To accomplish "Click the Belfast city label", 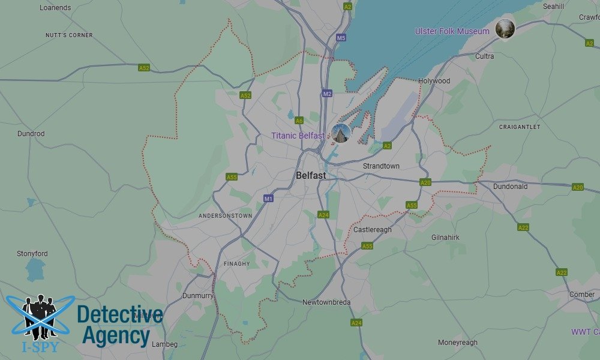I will pos(311,176).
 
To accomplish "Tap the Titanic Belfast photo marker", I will pos(341,133).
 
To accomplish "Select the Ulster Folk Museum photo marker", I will pos(505,29).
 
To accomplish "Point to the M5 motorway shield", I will pos(341,38).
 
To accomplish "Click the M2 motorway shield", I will pos(327,94).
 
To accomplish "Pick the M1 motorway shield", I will pos(268,199).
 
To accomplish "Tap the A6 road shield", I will pos(299,121).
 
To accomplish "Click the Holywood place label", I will pos(434,81).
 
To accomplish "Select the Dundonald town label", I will pos(510,187).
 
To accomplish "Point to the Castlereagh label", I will pos(372,230).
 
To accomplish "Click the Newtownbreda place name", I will pos(326,302).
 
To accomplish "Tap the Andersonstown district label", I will pos(225,215).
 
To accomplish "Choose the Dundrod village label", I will pos(31,134).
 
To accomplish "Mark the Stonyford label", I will pos(32,254).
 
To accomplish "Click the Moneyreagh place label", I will pos(458,343).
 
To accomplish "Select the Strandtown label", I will pos(381,166).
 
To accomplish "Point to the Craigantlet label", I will pos(520,127).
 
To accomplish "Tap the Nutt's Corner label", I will pos(69,35).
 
